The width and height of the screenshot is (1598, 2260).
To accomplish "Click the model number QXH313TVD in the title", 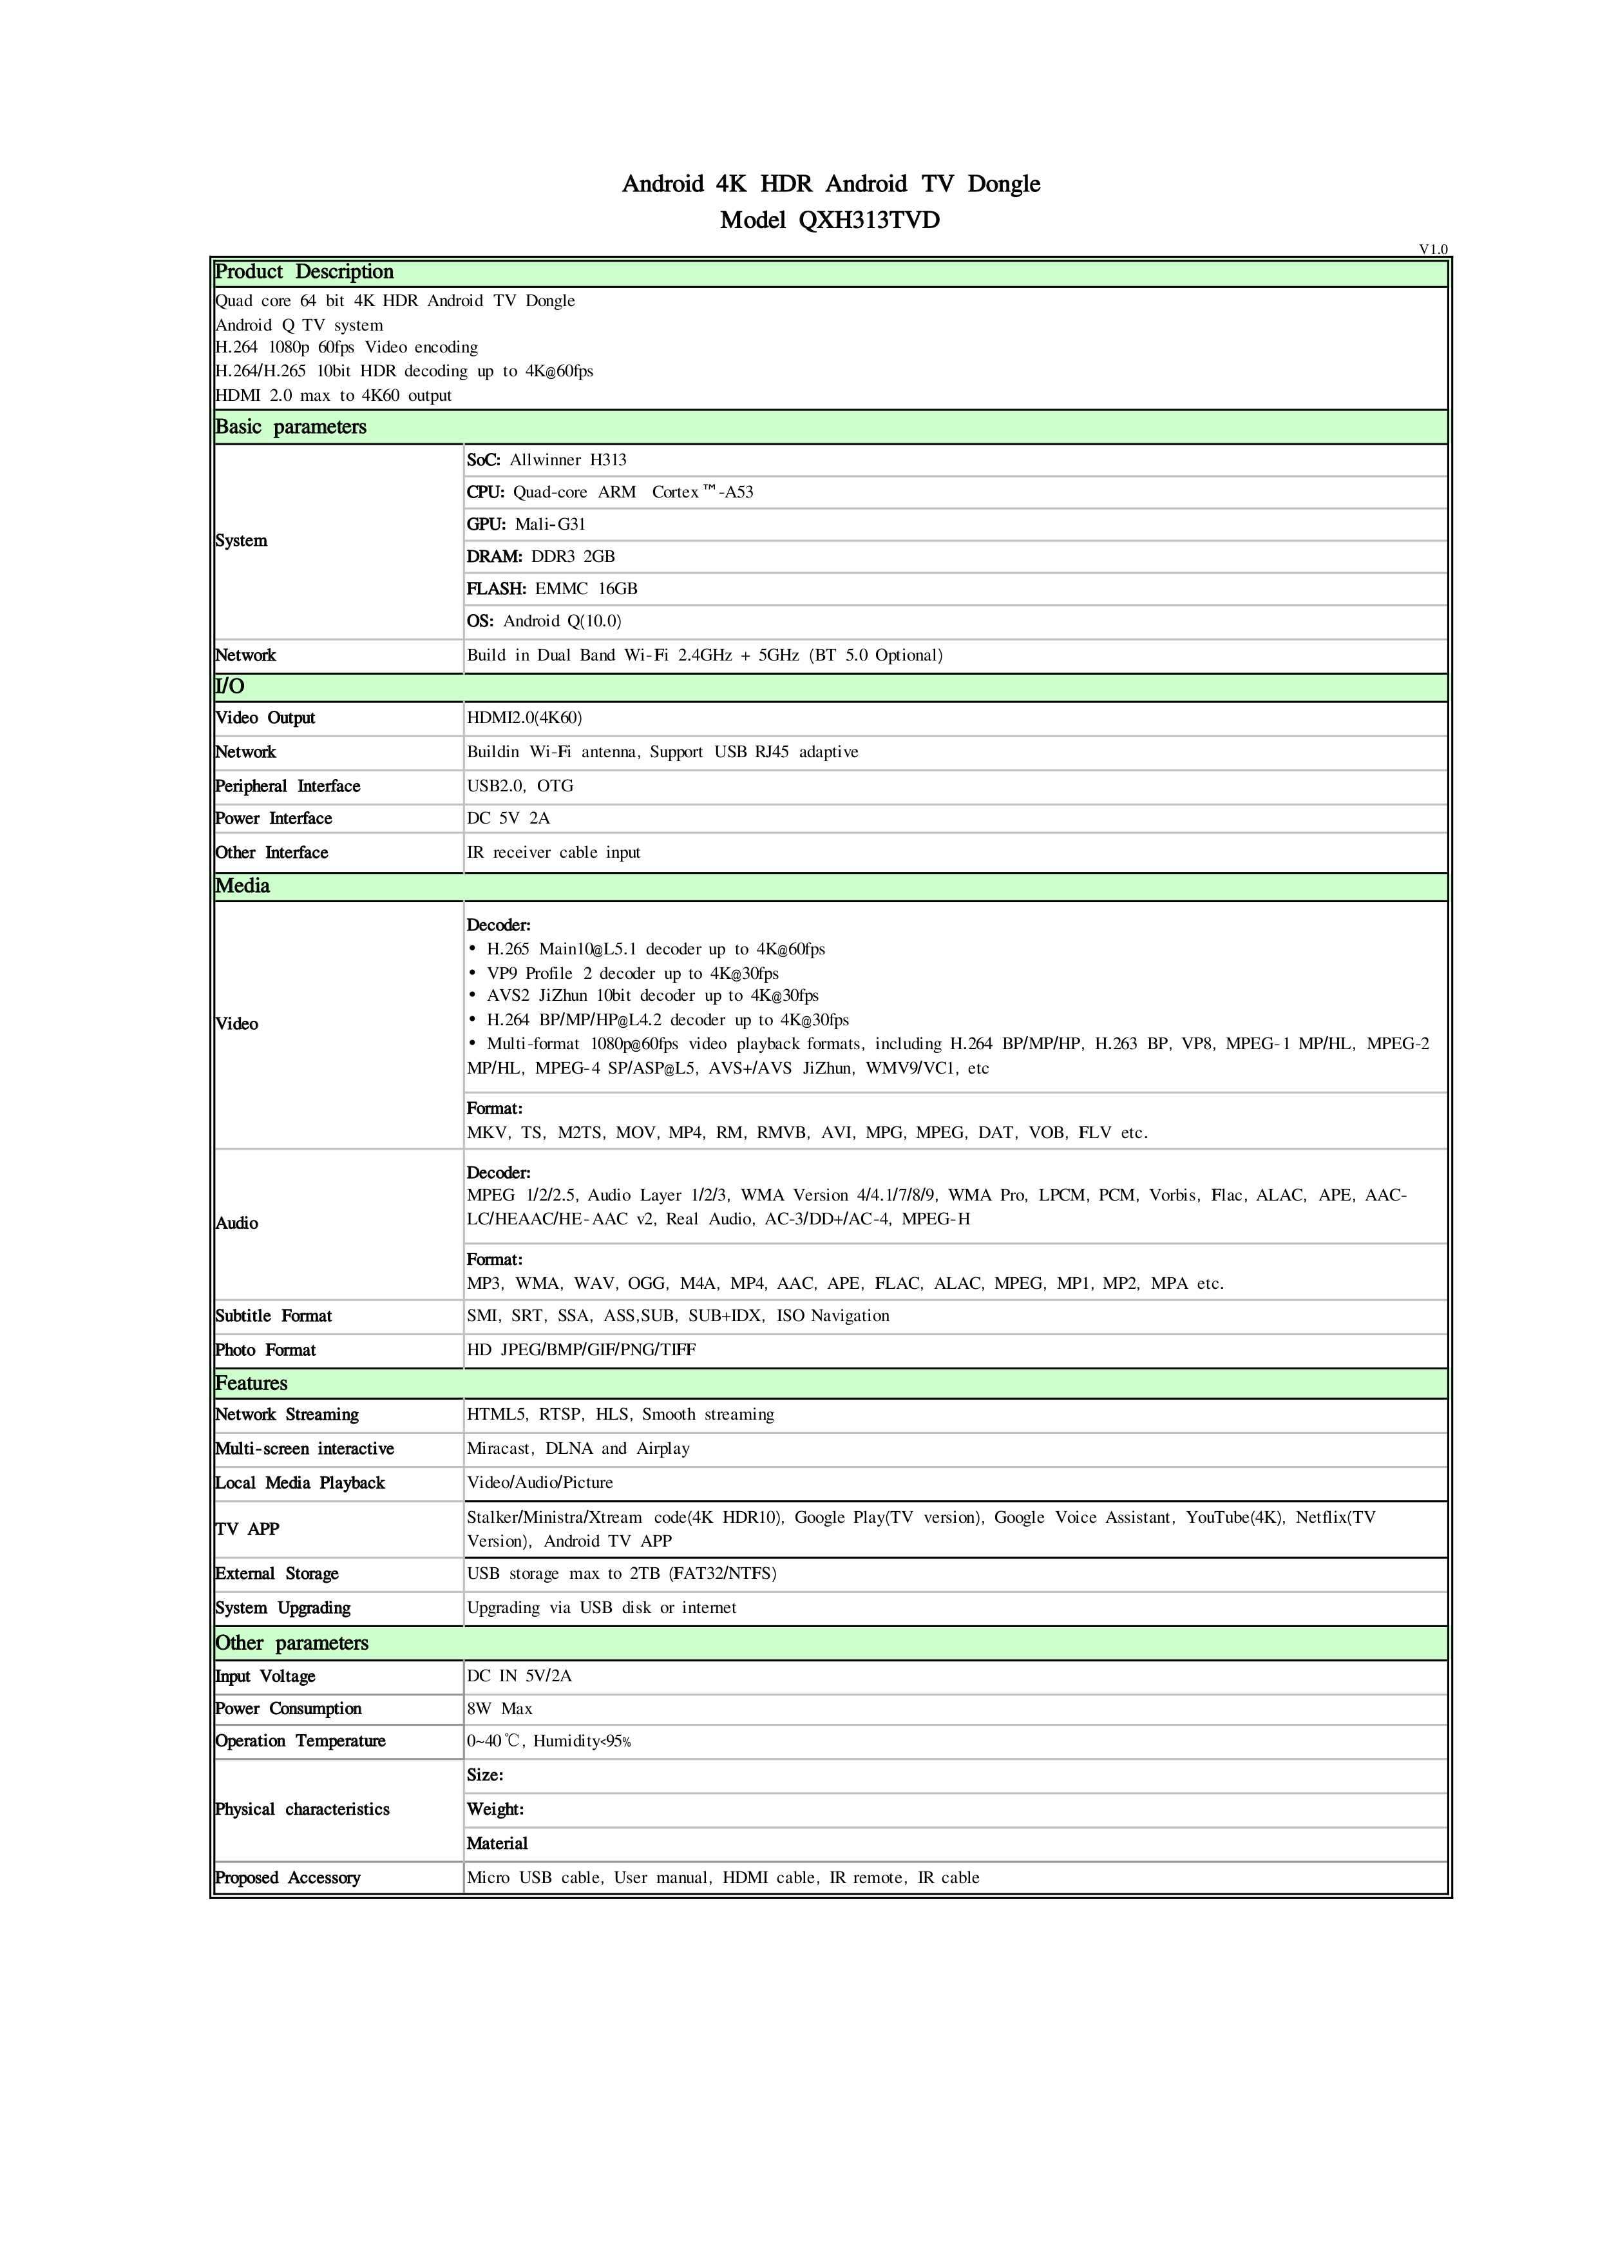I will (x=869, y=220).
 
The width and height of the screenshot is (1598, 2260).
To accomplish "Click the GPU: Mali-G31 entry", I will (x=526, y=525).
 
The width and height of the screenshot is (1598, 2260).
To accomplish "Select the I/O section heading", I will (x=229, y=687).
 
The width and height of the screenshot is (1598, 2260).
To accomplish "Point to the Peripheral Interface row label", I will (x=287, y=786).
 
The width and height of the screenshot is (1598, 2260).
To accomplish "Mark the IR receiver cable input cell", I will (x=553, y=853).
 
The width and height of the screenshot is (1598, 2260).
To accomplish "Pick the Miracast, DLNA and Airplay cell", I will (x=578, y=1449).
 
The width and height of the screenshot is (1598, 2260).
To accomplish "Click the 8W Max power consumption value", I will (x=499, y=1710).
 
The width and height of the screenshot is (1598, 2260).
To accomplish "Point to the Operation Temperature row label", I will (x=300, y=1741).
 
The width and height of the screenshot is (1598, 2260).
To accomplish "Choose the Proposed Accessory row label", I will (x=287, y=1878).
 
